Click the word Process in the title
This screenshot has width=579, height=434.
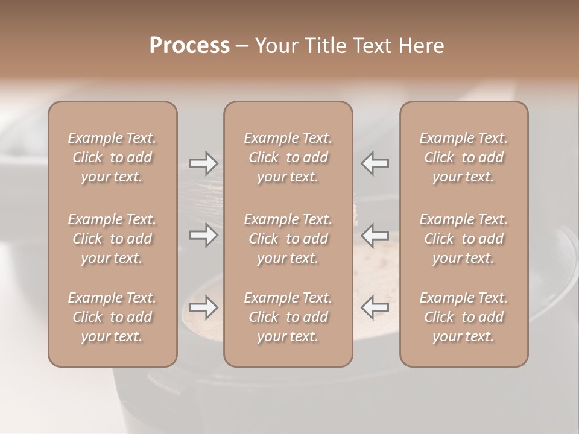tap(189, 46)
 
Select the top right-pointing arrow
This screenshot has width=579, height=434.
tap(203, 163)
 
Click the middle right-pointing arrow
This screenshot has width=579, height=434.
tap(203, 235)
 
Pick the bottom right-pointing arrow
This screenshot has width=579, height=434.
tap(203, 307)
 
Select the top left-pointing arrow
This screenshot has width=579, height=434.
tap(375, 163)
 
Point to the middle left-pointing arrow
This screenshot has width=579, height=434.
tap(375, 235)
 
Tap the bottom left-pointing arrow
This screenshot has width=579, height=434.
tap(375, 307)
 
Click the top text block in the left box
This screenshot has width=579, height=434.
tap(112, 157)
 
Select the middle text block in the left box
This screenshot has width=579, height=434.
tap(112, 239)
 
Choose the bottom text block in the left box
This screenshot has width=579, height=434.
tap(112, 317)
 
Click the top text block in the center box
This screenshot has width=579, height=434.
tap(288, 157)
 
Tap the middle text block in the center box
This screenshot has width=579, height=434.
tap(288, 239)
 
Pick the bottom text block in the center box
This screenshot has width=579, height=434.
tap(288, 317)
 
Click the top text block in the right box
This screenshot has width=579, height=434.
tap(463, 157)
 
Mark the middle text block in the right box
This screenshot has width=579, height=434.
tap(463, 239)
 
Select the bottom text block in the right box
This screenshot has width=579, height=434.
tap(463, 317)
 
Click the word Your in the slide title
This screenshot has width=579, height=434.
tap(275, 46)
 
